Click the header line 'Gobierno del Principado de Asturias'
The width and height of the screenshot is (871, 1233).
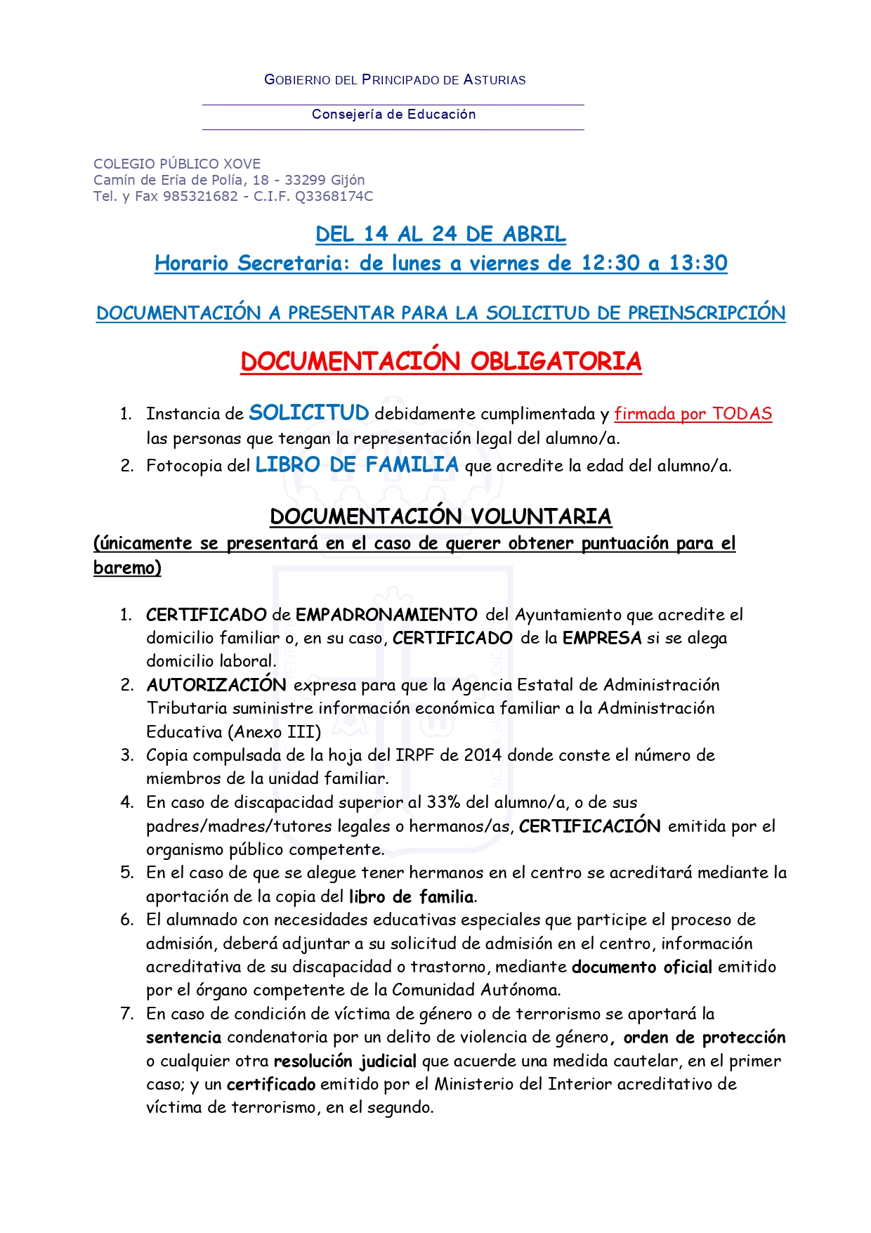coord(395,79)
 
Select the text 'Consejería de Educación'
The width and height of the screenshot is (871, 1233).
coord(393,115)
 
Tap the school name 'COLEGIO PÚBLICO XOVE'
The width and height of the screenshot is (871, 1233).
coord(177,164)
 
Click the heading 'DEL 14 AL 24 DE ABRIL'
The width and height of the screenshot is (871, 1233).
coord(440,234)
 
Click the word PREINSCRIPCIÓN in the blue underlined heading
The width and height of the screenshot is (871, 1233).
coord(707,313)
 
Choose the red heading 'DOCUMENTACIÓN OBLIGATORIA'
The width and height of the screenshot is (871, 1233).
coord(440,362)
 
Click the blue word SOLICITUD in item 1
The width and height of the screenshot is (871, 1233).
coord(309,413)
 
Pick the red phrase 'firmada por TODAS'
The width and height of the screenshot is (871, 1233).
coord(693,414)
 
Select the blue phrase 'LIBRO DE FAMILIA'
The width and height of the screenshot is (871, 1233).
coord(357,465)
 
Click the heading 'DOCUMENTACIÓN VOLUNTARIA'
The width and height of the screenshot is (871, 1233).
coord(440,517)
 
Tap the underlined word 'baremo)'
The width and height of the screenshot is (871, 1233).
coord(127,568)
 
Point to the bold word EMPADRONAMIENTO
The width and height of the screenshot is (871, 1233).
coord(386,615)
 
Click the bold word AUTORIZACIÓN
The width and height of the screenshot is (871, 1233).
coord(216,685)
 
